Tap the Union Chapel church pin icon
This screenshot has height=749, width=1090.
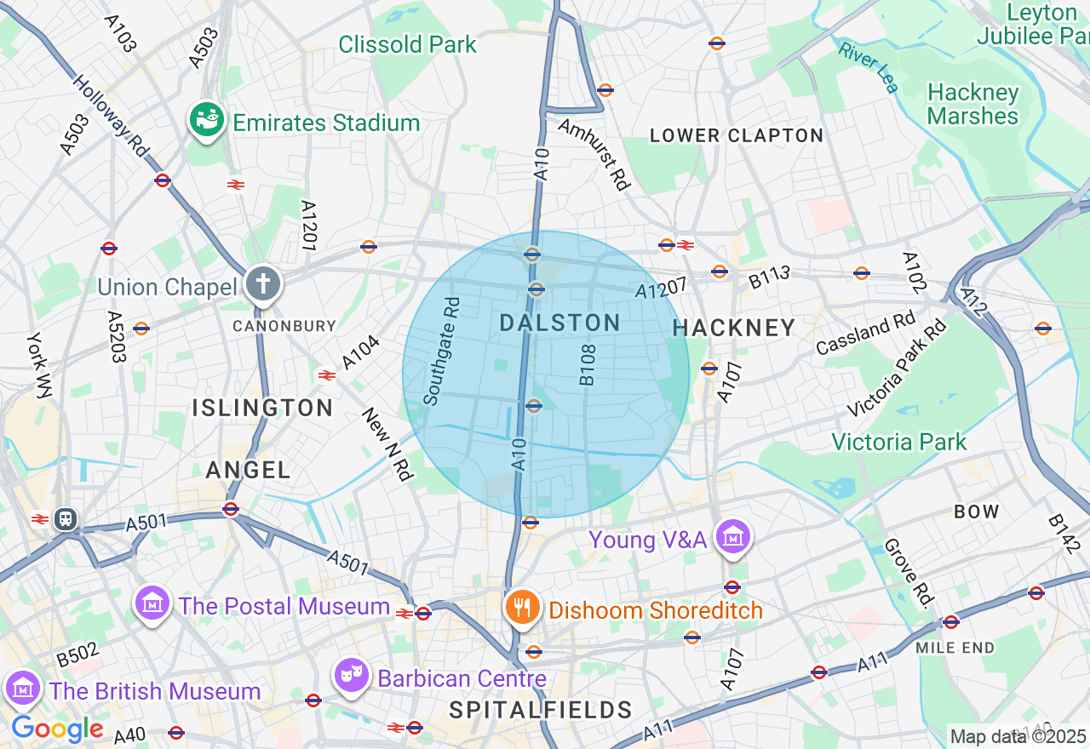263,284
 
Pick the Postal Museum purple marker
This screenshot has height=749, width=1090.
152,604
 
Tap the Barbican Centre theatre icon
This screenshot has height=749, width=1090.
350,676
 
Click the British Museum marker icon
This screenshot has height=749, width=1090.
23,688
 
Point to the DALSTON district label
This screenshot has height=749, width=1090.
559,323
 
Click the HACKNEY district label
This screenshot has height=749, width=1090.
733,328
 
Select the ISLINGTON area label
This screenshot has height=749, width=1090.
262,408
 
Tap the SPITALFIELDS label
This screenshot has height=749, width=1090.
541,710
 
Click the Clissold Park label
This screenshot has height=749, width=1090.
407,44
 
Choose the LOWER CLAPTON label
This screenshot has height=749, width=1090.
737,135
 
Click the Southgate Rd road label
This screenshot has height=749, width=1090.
442,351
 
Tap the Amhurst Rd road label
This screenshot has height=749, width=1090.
594,153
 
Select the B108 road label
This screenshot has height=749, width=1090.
588,365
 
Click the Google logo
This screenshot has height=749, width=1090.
57,729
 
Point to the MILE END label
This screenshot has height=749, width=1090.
955,648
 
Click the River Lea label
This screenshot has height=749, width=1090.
868,66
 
